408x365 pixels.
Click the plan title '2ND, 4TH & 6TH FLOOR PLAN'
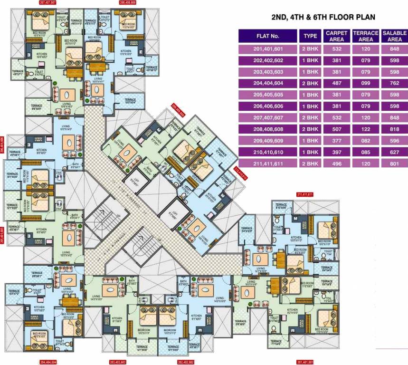pyautogui.click(x=323, y=17)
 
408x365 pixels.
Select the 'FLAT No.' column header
pyautogui.click(x=268, y=36)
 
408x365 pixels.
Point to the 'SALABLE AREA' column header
pyautogui.click(x=394, y=36)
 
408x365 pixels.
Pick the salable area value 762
pyautogui.click(x=394, y=83)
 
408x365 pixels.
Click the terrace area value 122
pyautogui.click(x=365, y=129)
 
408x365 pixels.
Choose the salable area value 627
pyautogui.click(x=394, y=152)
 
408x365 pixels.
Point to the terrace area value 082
pyautogui.click(x=365, y=141)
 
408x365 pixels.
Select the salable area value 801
pyautogui.click(x=394, y=163)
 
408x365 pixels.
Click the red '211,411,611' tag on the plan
pyautogui.click(x=304, y=194)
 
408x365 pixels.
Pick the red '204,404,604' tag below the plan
pyautogui.click(x=48, y=362)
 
